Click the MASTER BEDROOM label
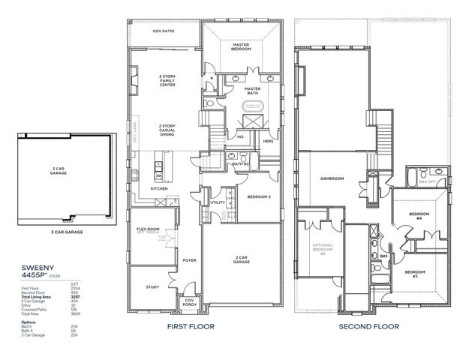click(240, 46)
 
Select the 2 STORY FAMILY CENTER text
click(166, 80)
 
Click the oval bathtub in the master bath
click(252, 105)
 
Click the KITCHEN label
click(158, 188)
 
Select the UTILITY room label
click(218, 202)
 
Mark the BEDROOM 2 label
click(258, 197)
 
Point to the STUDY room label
click(152, 286)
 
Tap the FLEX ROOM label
click(148, 229)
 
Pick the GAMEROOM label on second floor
click(331, 178)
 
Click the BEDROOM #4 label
click(417, 216)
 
